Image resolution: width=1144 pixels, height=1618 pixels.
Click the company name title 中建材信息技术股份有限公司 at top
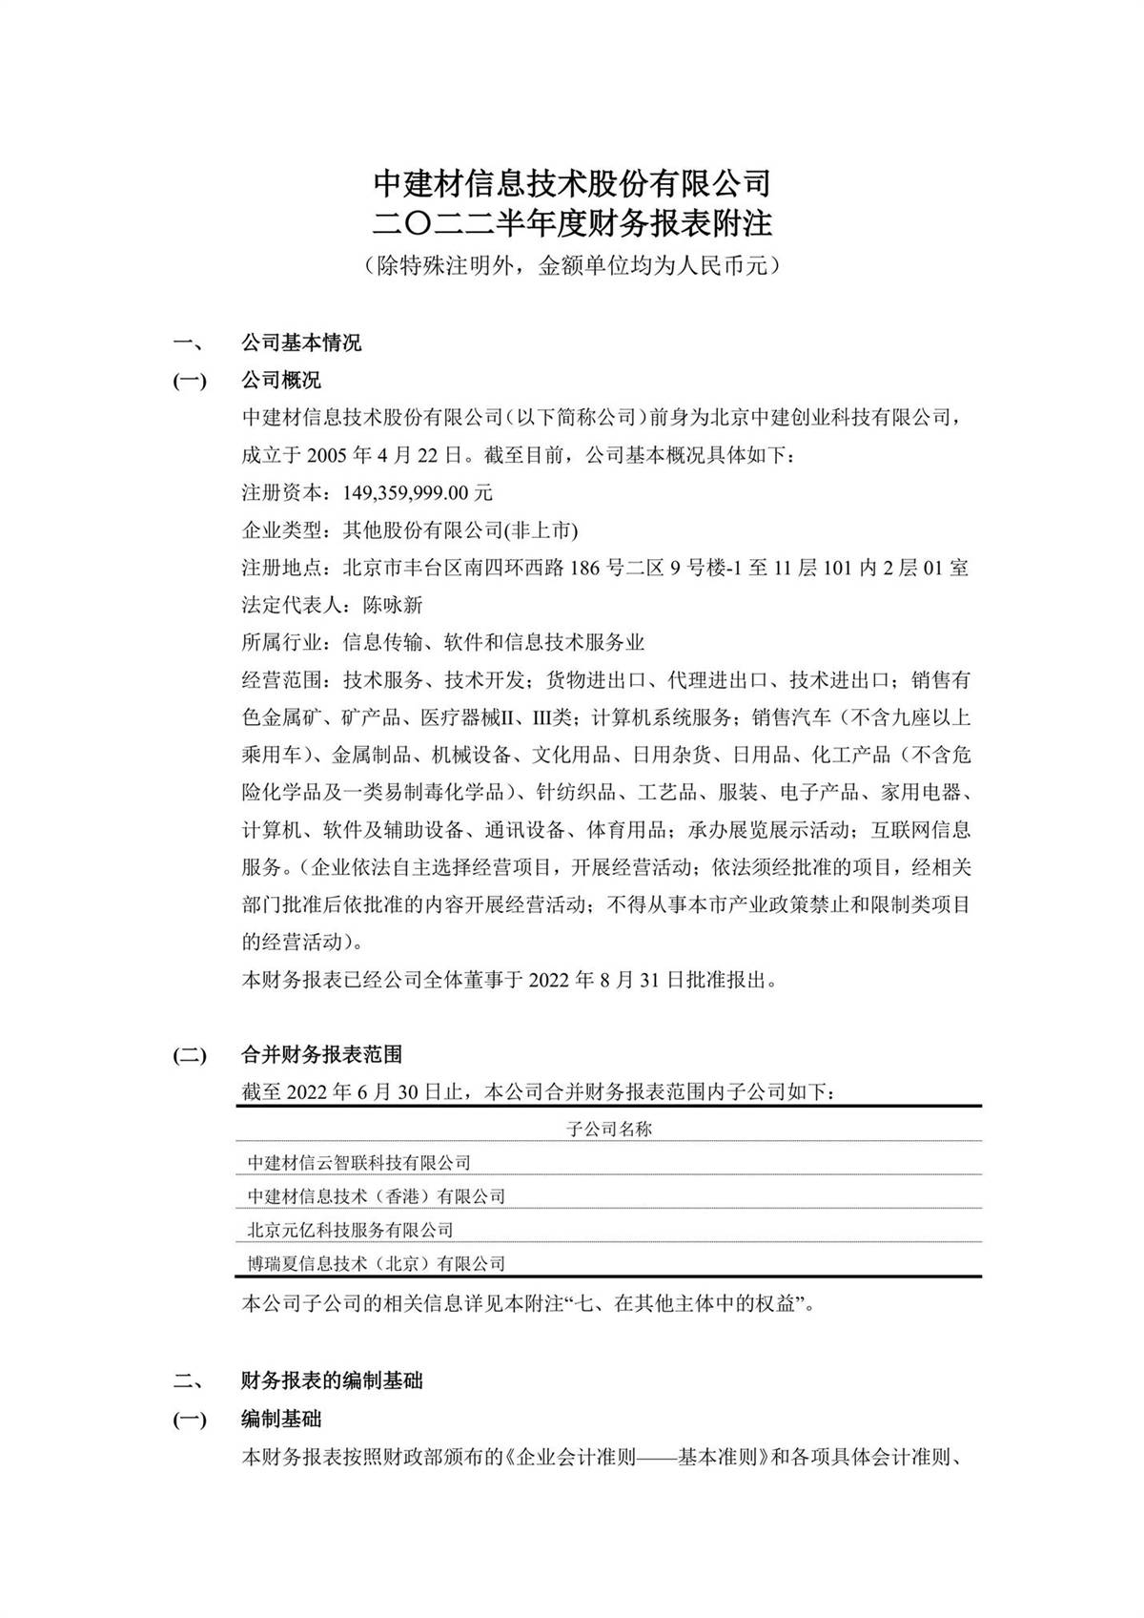pyautogui.click(x=571, y=181)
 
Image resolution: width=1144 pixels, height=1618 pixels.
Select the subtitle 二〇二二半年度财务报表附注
pyautogui.click(x=571, y=224)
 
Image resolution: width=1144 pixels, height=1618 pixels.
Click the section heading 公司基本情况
pyautogui.click(x=301, y=343)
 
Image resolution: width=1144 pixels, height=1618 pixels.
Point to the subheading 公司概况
pyautogui.click(x=281, y=381)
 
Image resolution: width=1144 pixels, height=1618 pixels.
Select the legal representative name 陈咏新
pyautogui.click(x=393, y=606)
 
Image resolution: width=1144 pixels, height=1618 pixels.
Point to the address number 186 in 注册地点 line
pyautogui.click(x=585, y=569)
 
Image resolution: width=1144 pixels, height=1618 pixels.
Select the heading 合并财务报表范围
pyautogui.click(x=321, y=1054)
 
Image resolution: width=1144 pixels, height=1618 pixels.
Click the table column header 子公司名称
pyautogui.click(x=608, y=1130)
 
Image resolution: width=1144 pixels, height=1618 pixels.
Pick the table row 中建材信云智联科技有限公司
pyautogui.click(x=359, y=1163)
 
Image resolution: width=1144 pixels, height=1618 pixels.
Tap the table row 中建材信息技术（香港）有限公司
pyautogui.click(x=377, y=1196)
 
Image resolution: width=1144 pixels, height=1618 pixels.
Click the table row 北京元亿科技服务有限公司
pyautogui.click(x=350, y=1230)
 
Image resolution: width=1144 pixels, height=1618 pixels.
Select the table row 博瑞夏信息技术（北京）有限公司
pyautogui.click(x=377, y=1264)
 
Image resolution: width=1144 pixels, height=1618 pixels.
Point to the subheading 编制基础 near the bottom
pyautogui.click(x=281, y=1420)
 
